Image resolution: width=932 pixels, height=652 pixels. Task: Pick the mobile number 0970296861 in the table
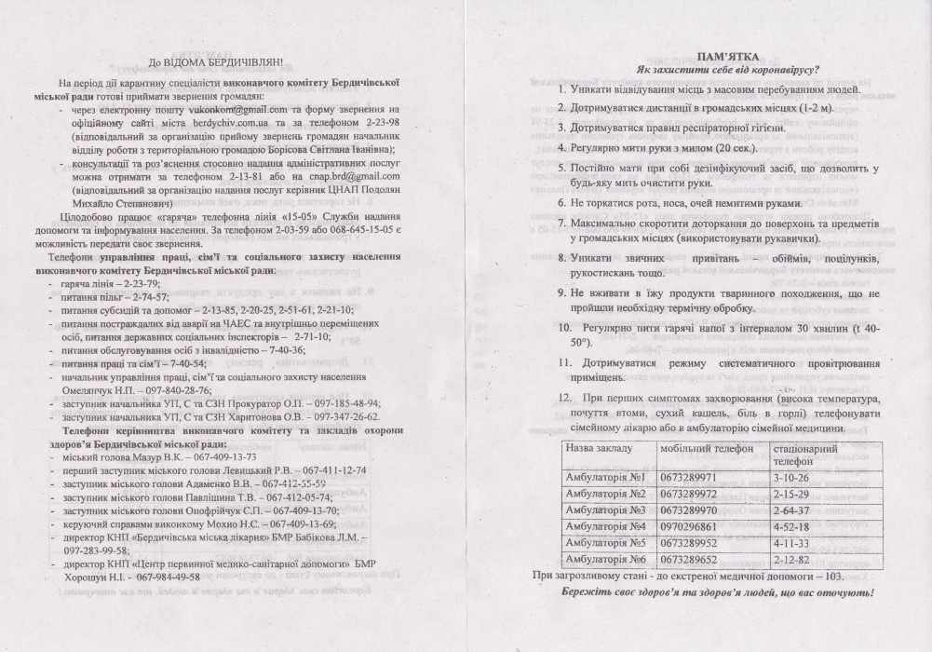point(690,526)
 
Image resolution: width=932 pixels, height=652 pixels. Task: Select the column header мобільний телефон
point(701,448)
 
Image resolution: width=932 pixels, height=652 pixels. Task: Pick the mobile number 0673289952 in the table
point(690,542)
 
